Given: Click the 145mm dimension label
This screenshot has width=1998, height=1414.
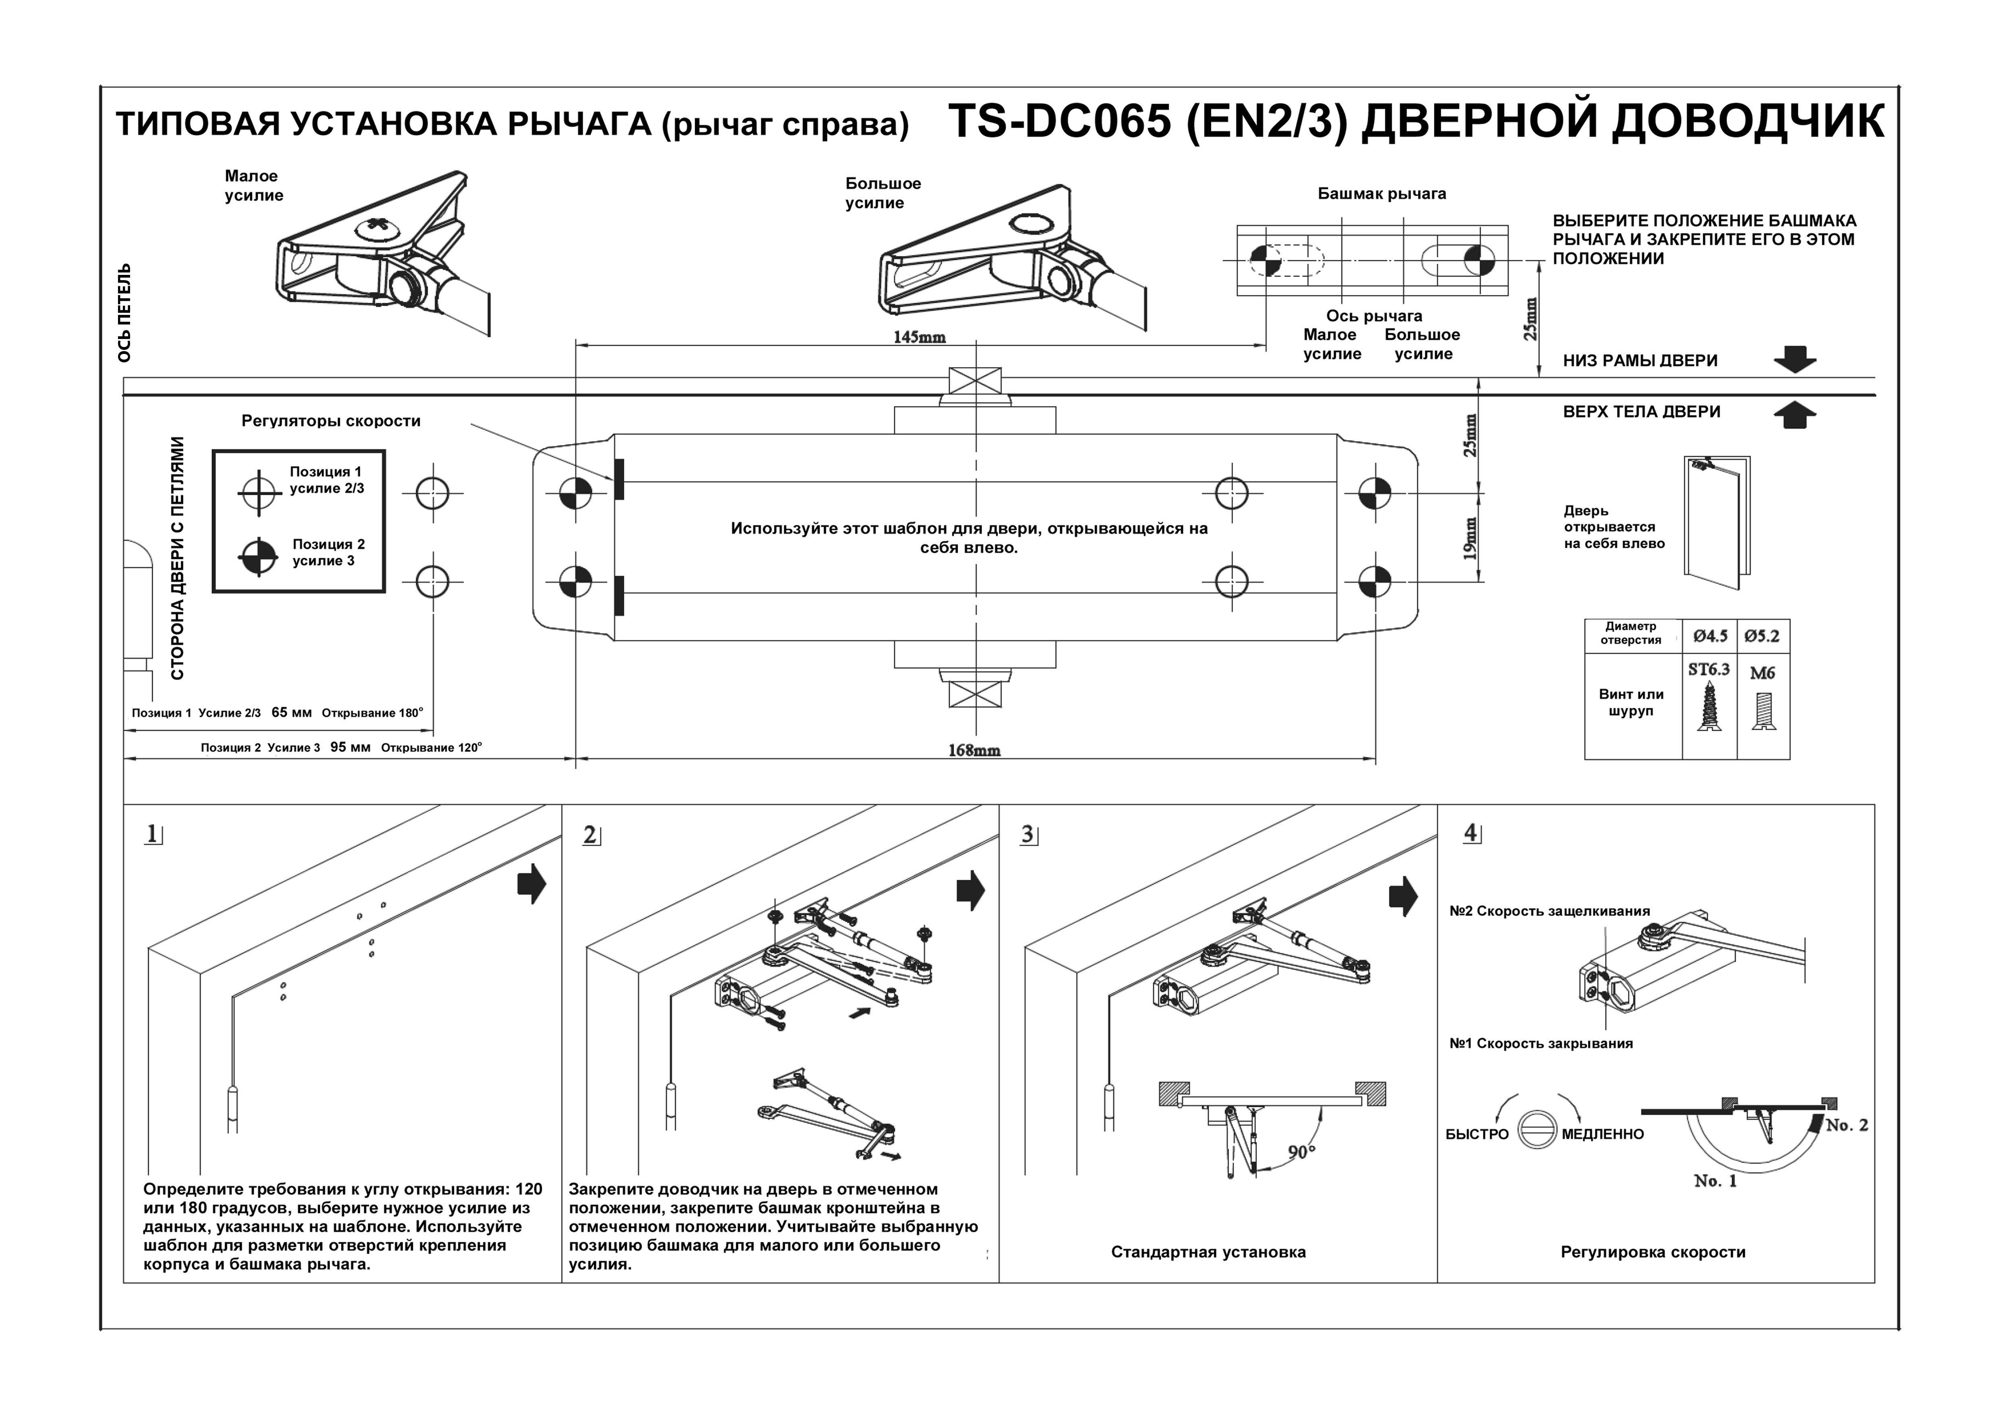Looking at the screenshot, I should pyautogui.click(x=919, y=337).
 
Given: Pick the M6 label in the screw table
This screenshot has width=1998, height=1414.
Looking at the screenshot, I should pyautogui.click(x=1762, y=673).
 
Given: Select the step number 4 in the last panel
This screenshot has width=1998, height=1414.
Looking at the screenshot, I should pyautogui.click(x=1471, y=833).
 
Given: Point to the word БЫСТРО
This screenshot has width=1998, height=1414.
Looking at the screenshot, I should pyautogui.click(x=1477, y=1135).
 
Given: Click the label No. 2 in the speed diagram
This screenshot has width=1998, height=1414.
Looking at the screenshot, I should pyautogui.click(x=1847, y=1125).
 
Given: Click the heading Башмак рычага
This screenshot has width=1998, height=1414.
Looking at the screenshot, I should pyautogui.click(x=1381, y=194).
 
